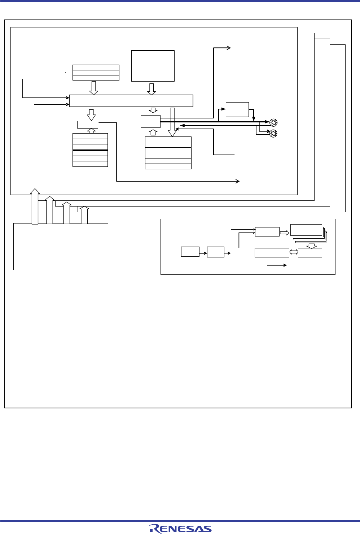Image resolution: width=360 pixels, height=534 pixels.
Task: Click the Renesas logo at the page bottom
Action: tap(180, 528)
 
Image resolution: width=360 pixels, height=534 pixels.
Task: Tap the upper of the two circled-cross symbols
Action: tap(273, 122)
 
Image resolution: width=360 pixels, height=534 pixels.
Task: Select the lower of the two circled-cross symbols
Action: tap(273, 133)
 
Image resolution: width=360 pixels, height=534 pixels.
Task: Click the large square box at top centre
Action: tap(153, 66)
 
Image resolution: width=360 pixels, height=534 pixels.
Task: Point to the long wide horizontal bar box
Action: tap(131, 101)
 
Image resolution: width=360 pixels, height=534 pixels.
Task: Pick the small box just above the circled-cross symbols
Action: tap(237, 109)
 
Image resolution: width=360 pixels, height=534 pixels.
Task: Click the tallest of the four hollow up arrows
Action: tap(35, 206)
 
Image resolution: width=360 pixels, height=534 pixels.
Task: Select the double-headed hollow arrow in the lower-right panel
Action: tap(294, 252)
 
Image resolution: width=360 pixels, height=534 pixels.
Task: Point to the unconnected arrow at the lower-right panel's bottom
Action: tap(277, 265)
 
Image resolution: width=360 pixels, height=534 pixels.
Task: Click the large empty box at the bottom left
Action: tap(61, 246)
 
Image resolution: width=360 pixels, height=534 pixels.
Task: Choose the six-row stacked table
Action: tap(168, 153)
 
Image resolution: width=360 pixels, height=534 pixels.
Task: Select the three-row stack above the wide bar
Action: tap(96, 73)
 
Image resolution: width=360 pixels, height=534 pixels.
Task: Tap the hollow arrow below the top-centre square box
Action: tap(152, 89)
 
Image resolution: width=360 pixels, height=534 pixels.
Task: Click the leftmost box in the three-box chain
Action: tap(190, 252)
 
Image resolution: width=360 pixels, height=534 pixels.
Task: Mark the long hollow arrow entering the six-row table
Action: tap(172, 122)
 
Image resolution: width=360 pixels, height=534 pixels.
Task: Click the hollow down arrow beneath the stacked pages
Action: tap(311, 246)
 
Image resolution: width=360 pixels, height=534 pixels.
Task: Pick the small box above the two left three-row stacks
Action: tap(88, 125)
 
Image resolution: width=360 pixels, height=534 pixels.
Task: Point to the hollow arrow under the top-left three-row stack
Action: tap(93, 88)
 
